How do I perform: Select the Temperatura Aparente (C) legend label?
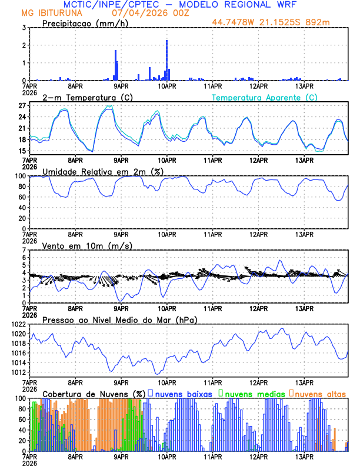tap(264, 97)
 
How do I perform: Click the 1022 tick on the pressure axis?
tap(18, 324)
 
